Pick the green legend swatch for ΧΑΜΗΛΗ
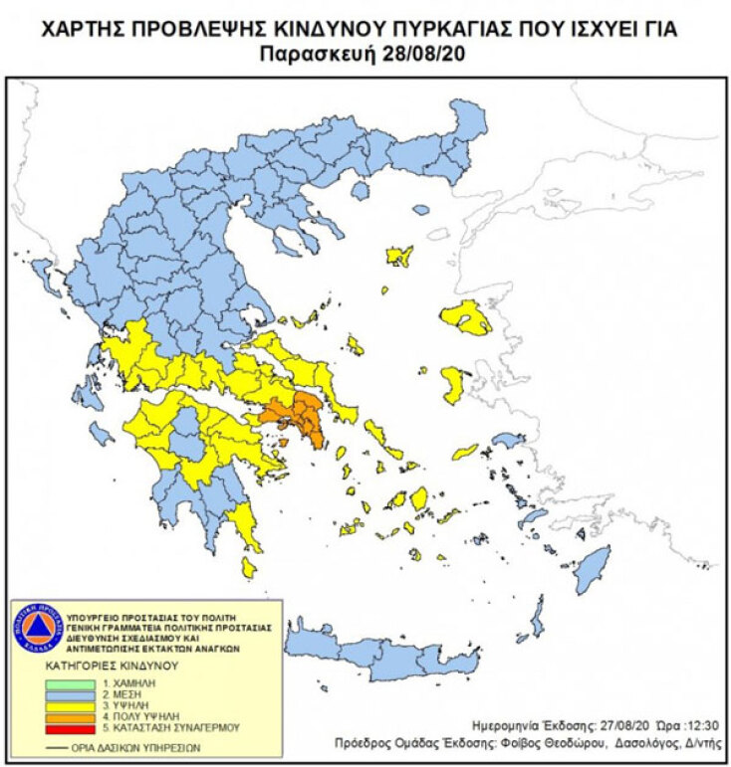[72, 684]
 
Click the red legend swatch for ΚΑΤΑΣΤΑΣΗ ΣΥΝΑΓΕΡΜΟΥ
[72, 728]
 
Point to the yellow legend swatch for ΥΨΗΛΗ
[72, 706]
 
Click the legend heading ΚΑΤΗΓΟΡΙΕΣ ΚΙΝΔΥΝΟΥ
[99, 665]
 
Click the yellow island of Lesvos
[465, 317]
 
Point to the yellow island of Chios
[452, 384]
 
